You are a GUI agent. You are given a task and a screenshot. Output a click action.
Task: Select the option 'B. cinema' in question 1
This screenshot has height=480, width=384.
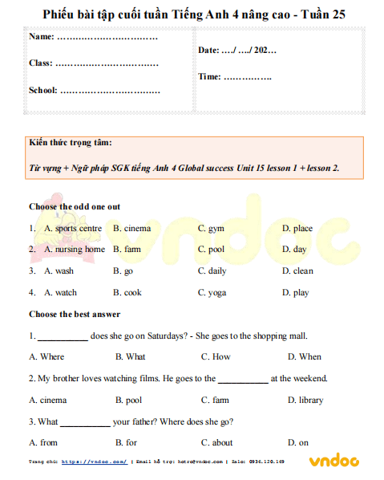pos(132,228)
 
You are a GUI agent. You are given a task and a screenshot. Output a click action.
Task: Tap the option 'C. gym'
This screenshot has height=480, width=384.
pos(211,228)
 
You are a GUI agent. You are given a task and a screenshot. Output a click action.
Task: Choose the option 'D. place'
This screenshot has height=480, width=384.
pos(297,228)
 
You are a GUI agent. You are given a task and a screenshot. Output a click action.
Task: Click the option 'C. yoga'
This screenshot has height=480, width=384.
pos(212,292)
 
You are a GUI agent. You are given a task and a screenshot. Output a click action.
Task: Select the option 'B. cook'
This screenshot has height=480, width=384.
pos(127,292)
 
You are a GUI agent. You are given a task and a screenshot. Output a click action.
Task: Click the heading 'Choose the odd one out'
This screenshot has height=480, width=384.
pos(75,206)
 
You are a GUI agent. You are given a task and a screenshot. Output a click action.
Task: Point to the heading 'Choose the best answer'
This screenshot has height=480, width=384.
pos(75,314)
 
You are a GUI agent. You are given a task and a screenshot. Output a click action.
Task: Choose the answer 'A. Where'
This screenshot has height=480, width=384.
pos(46,356)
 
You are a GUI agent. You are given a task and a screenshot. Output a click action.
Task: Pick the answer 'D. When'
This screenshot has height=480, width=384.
pos(305,356)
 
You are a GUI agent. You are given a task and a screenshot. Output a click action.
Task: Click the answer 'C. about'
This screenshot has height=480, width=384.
pos(217,442)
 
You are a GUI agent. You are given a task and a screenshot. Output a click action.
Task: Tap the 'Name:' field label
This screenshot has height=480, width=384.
pos(42,37)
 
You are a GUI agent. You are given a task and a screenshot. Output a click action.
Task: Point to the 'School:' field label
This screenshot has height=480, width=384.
pos(43,90)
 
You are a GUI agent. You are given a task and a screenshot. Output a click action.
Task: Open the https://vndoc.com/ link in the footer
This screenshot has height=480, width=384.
pos(94,462)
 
